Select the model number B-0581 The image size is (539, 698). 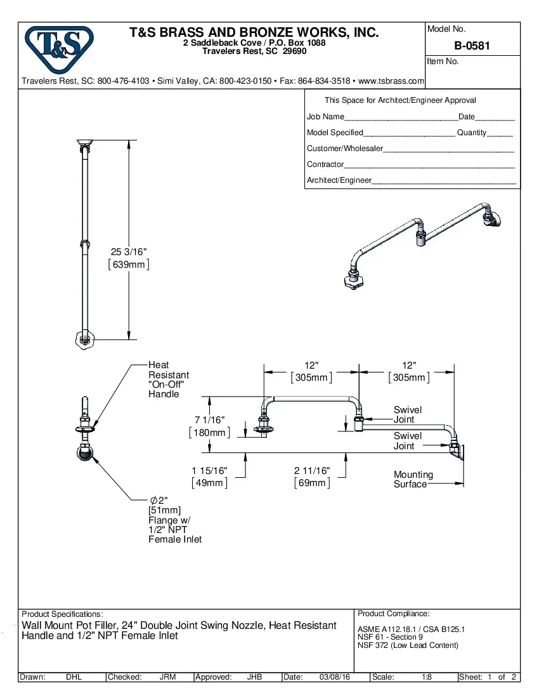click(x=472, y=46)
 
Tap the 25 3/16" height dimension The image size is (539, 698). click(x=129, y=253)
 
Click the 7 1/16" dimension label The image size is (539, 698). click(x=209, y=420)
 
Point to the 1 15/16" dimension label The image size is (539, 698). click(x=209, y=471)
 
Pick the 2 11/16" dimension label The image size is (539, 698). click(x=312, y=471)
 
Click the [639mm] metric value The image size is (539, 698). click(x=129, y=265)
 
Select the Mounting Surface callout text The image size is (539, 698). click(x=413, y=480)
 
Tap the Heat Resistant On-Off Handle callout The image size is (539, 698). click(x=168, y=379)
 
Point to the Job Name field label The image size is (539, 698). click(x=325, y=117)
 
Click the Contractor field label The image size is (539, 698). click(x=325, y=164)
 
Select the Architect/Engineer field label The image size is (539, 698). click(x=339, y=180)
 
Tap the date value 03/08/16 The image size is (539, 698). click(x=335, y=677)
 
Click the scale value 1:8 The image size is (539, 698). click(x=427, y=677)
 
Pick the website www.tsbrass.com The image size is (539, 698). click(x=391, y=81)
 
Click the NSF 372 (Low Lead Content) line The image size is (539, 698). click(x=408, y=645)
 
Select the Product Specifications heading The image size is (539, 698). click(x=62, y=614)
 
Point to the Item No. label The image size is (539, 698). click(x=443, y=62)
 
